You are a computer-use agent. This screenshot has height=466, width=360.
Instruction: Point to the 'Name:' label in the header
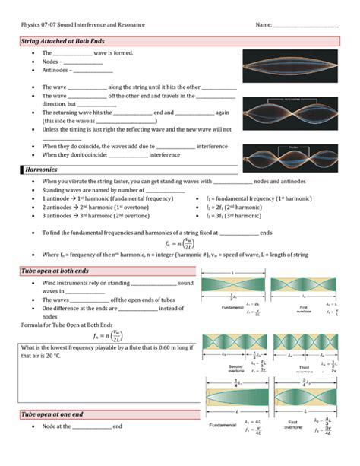point(264,24)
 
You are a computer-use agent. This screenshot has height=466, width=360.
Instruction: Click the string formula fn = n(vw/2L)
point(179,243)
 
